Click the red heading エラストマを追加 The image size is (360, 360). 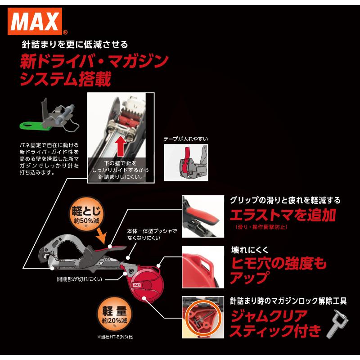point(283,215)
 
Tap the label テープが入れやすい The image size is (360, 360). point(186,139)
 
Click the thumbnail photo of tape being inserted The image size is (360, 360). point(185,162)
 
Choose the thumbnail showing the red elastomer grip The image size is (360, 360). point(203,216)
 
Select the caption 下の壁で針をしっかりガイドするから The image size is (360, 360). point(120,171)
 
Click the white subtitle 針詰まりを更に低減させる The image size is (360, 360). point(75,45)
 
